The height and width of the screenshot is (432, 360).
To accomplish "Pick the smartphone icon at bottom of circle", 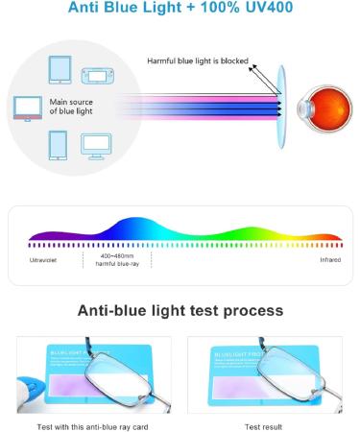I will (57, 144).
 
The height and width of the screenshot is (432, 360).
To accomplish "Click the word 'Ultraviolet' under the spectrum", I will (41, 260).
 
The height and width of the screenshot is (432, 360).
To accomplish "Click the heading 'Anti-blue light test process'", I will (180, 311).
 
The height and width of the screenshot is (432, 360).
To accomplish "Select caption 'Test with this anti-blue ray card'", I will (94, 423).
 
